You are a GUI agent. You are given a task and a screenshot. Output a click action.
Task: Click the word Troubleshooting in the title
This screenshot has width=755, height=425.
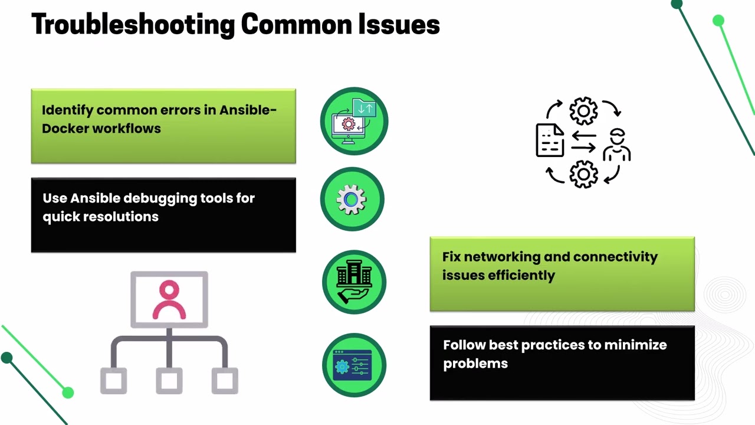(x=133, y=25)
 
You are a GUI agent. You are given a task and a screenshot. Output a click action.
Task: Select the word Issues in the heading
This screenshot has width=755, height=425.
(x=399, y=24)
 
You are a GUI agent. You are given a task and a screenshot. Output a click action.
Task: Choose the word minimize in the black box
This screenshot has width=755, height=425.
(x=635, y=345)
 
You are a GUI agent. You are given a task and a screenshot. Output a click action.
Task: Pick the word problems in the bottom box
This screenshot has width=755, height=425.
(x=475, y=364)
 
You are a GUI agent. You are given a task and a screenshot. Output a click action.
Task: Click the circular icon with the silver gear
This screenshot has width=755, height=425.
(x=352, y=199)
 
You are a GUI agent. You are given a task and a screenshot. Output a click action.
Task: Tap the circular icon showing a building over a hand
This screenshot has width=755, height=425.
(x=354, y=282)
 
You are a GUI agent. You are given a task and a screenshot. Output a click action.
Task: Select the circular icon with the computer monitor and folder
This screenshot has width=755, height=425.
(x=354, y=121)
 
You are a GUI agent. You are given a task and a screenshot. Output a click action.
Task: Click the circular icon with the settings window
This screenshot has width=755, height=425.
(x=354, y=365)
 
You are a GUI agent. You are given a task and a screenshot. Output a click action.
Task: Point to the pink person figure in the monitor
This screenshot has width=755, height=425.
(x=169, y=299)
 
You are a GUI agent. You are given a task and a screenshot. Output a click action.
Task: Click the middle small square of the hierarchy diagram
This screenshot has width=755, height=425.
(x=169, y=381)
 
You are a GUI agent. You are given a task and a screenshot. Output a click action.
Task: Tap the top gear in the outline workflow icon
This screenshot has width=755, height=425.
(x=584, y=110)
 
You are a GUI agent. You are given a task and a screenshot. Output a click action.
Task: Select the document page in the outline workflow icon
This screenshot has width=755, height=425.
(x=550, y=140)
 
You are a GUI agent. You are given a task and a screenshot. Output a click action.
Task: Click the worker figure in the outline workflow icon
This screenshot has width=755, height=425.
(x=617, y=145)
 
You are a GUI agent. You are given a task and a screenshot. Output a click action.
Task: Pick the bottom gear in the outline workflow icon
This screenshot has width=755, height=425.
(x=584, y=174)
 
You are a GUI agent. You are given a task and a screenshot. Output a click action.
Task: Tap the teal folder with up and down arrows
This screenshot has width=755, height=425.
(x=365, y=107)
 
